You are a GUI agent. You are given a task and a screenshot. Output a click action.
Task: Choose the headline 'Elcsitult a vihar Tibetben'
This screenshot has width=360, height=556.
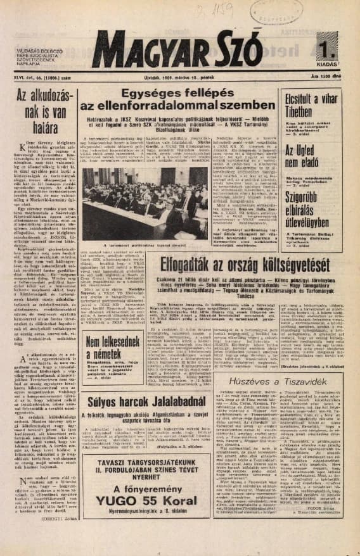tap(311, 105)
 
